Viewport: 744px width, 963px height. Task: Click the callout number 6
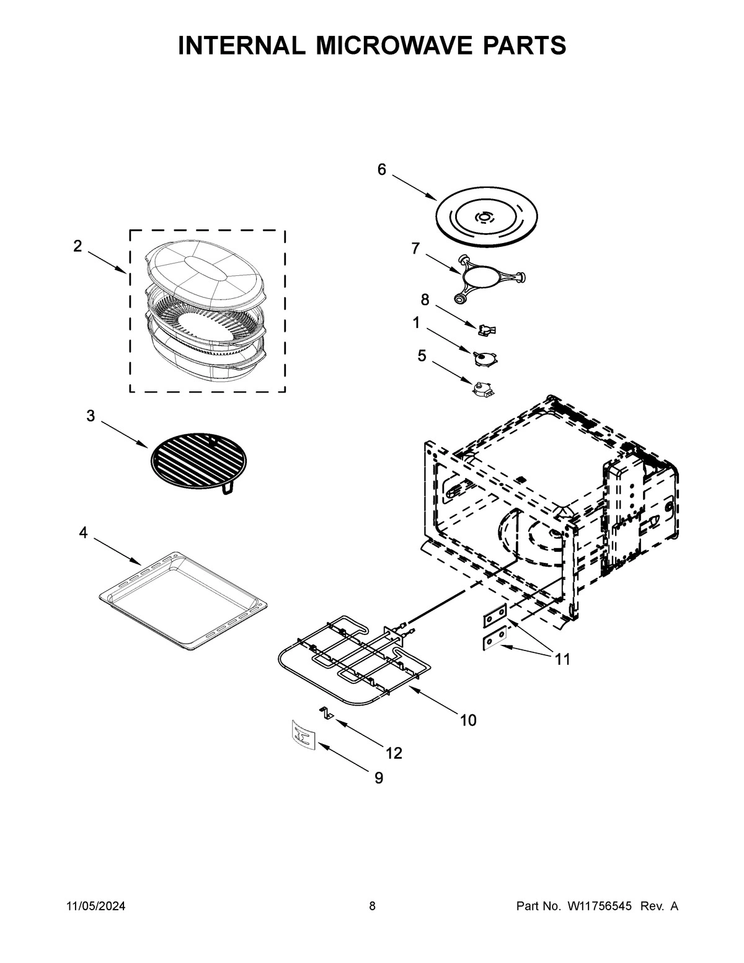381,169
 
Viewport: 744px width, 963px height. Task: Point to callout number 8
425,300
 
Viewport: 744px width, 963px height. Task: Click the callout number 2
77,246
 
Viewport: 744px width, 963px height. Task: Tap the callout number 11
562,659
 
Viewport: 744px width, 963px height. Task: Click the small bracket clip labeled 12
326,712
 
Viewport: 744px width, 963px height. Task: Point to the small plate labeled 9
302,735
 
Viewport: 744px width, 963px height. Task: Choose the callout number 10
468,720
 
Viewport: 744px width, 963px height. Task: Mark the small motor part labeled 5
484,389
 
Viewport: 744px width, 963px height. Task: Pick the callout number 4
83,533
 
